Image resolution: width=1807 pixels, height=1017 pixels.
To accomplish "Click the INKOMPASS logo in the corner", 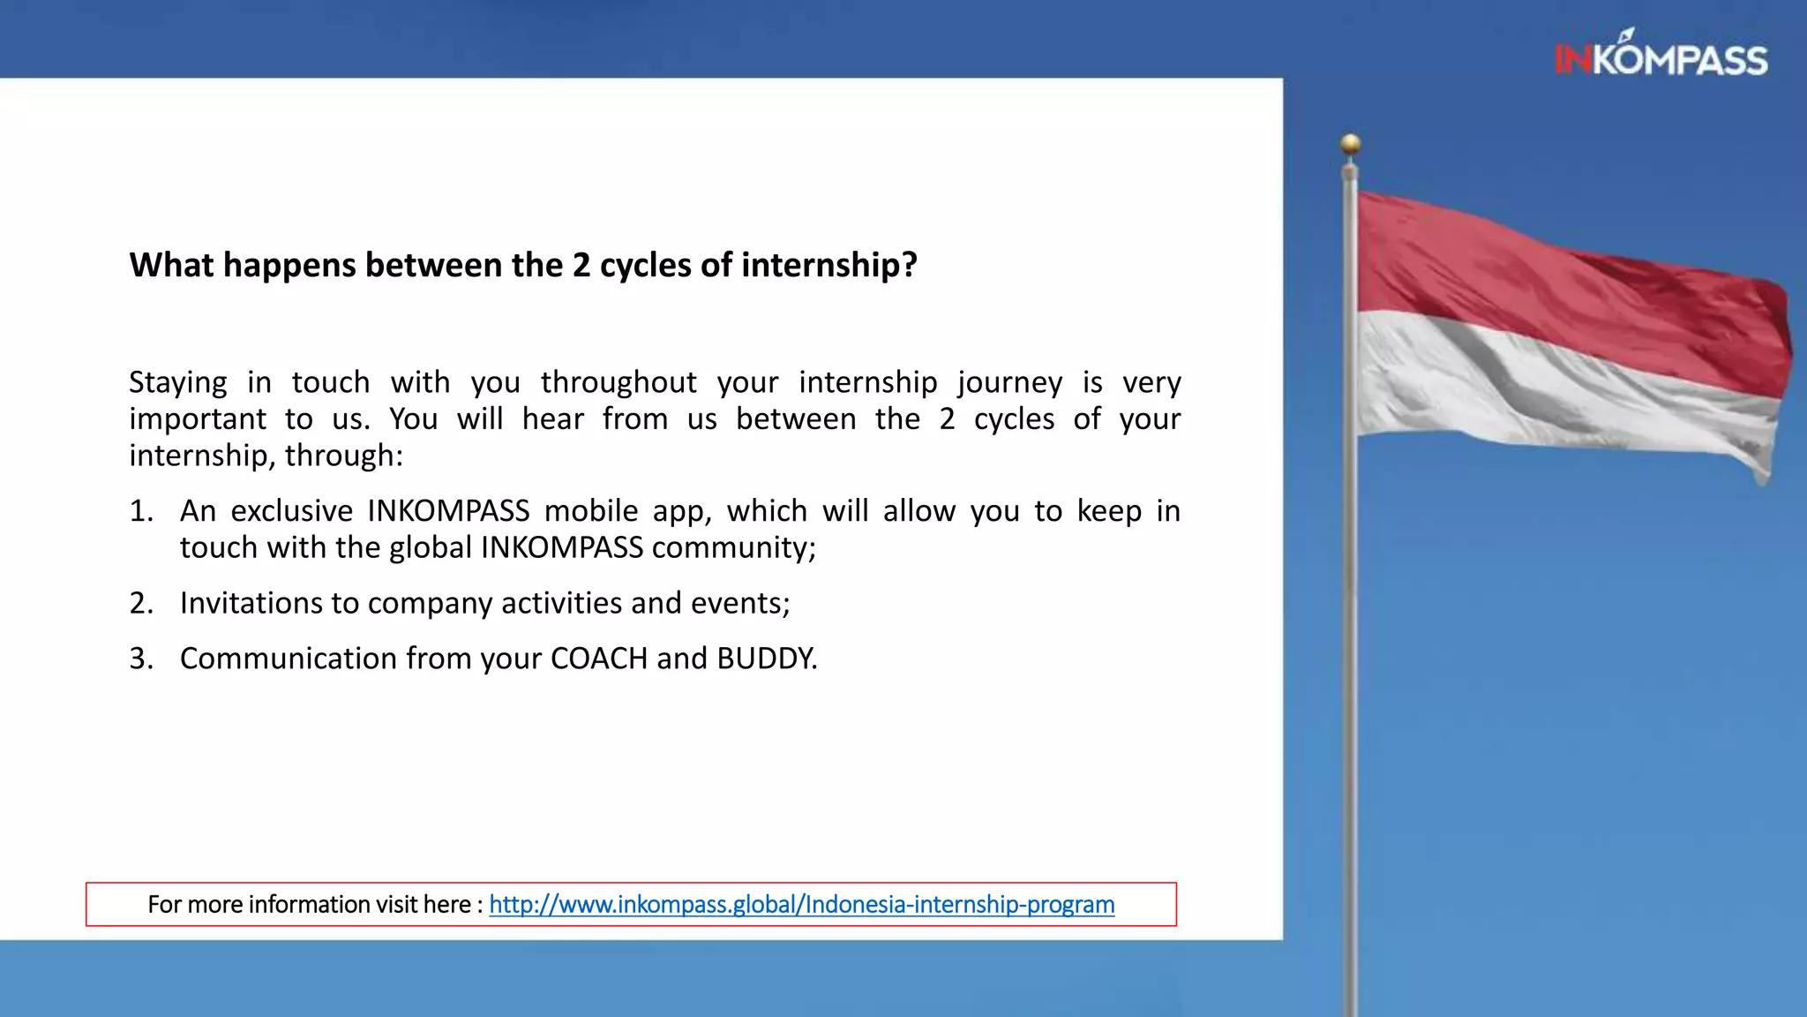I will [x=1661, y=57].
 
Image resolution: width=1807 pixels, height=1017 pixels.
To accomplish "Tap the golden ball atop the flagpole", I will [x=1350, y=143].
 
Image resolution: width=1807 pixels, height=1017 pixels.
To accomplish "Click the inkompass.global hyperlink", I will [x=801, y=904].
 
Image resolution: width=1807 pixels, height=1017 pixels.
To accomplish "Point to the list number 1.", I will [x=140, y=511].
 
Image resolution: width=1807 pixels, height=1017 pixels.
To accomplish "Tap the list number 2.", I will [x=140, y=603].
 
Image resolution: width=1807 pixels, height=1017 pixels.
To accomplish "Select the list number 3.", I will [x=140, y=659].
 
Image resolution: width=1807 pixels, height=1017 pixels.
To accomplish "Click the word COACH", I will [x=598, y=659].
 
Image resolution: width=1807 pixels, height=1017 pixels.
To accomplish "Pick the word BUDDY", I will [x=766, y=659].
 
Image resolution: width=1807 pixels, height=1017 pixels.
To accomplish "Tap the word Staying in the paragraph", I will [x=177, y=383].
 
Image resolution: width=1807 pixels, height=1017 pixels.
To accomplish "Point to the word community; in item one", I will [x=733, y=548].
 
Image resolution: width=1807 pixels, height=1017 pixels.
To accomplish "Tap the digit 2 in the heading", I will [x=581, y=265].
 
